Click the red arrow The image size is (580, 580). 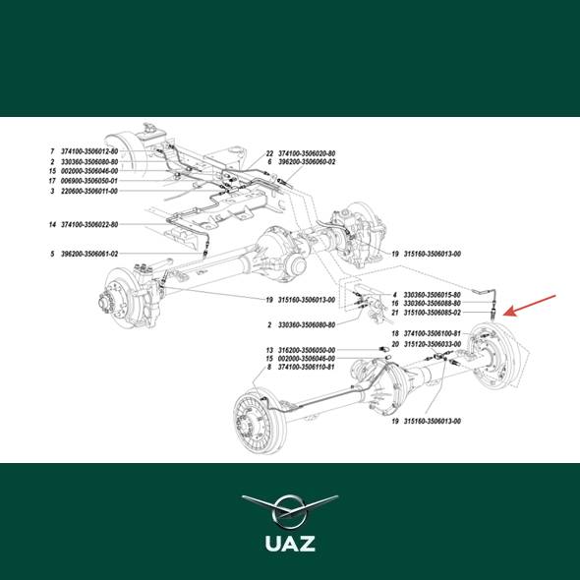pos(529,306)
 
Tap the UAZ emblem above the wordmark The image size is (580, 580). pos(290,512)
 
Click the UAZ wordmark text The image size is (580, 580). pos(290,543)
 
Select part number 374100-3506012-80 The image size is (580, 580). pos(89,151)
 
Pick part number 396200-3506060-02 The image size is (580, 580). pos(307,161)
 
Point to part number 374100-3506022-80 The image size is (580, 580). pos(89,224)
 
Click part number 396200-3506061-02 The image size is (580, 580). pos(89,254)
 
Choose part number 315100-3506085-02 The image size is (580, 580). pos(432,313)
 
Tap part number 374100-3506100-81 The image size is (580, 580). pos(432,333)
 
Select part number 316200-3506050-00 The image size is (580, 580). pos(307,350)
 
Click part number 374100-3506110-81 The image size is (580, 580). pos(307,367)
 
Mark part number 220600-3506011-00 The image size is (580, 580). pos(89,191)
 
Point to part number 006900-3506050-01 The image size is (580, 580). pos(89,181)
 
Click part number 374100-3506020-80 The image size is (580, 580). pos(307,153)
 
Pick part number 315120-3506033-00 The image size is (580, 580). pos(432,344)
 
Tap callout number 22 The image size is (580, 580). pos(269,153)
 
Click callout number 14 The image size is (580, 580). pos(52,224)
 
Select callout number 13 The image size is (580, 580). pos(269,350)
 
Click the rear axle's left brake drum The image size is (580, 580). pos(261,421)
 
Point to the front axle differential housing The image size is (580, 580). pos(282,255)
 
